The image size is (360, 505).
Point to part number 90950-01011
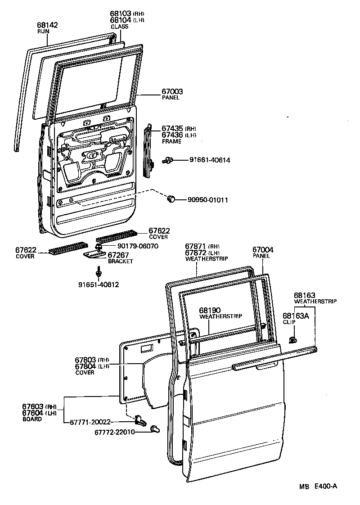tap(207, 199)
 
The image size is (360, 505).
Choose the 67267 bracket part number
tap(117, 255)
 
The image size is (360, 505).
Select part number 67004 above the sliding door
tap(263, 249)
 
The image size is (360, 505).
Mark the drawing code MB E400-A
tap(318, 486)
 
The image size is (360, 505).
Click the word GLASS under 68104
tap(120, 27)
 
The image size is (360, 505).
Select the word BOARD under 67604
tap(32, 419)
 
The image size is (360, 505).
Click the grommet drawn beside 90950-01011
tap(171, 199)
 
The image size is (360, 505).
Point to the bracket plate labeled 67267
tap(94, 255)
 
